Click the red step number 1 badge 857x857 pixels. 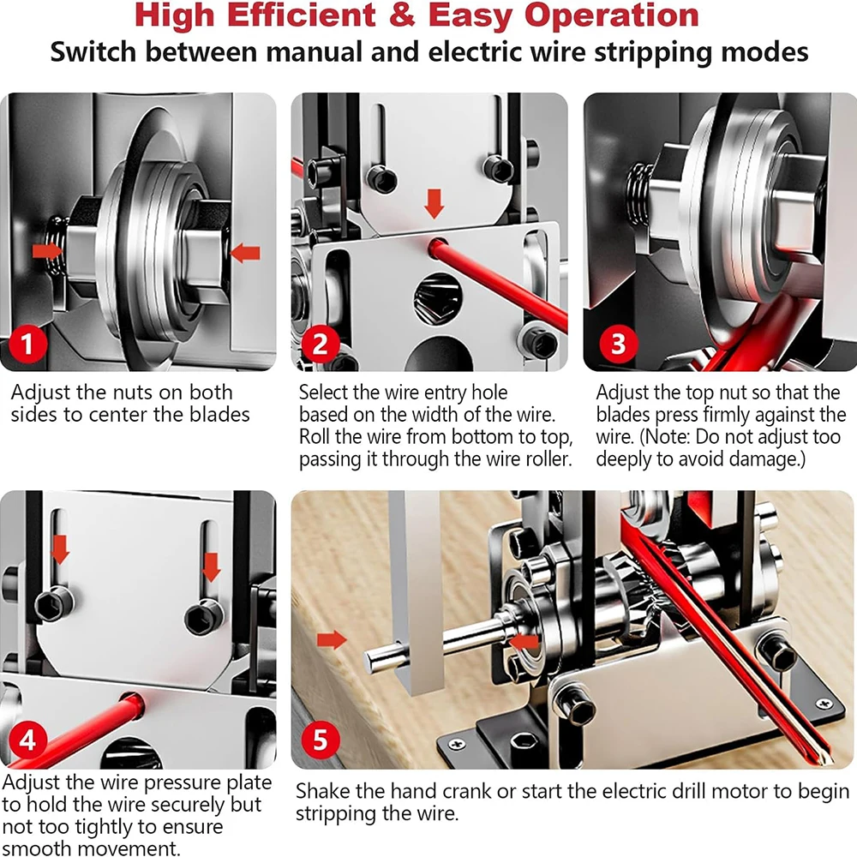[x=27, y=345]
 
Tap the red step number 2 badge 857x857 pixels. [x=320, y=345]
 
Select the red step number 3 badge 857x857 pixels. [x=618, y=345]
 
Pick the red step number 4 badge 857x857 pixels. [x=27, y=740]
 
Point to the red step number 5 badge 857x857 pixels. [x=320, y=740]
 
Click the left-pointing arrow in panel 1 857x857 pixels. [x=245, y=253]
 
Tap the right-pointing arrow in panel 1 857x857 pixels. [x=48, y=250]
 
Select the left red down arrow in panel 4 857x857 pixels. [x=59, y=549]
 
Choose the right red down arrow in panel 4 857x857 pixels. [x=210, y=566]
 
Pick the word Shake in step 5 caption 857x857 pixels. [x=322, y=791]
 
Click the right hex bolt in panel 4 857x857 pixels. [x=204, y=617]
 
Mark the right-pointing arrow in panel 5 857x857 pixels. [x=331, y=638]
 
